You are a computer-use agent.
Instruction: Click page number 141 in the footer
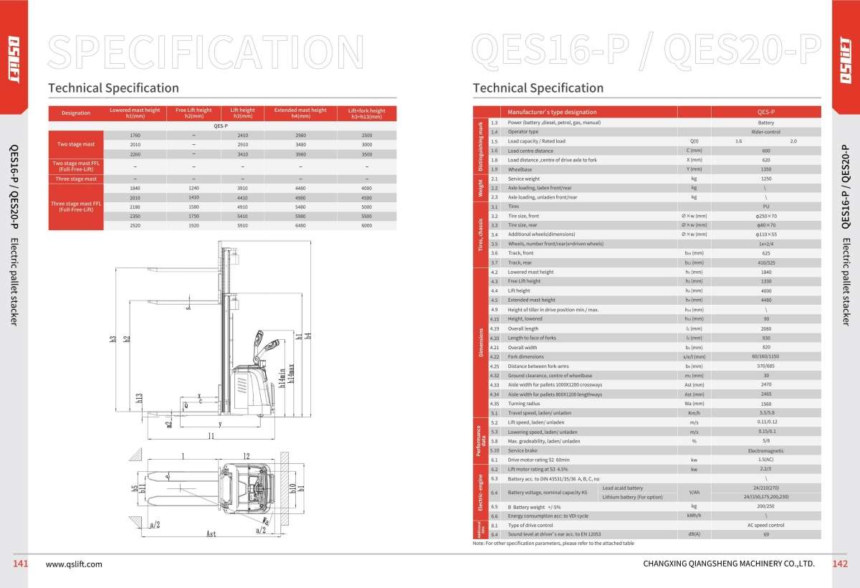(x=20, y=564)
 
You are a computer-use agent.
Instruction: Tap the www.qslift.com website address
(x=74, y=564)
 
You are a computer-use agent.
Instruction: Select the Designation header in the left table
(x=76, y=113)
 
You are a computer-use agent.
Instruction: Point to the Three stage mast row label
(x=76, y=179)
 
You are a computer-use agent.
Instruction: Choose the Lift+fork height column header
(x=366, y=113)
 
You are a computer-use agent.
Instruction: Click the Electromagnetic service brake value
(x=766, y=450)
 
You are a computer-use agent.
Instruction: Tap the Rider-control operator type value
(x=766, y=132)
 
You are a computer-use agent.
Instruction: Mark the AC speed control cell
(x=766, y=525)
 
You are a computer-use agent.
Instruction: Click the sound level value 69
(x=766, y=534)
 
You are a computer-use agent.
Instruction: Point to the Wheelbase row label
(x=520, y=169)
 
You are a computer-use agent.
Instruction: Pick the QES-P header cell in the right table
(x=766, y=113)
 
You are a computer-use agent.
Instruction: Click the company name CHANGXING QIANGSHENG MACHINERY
(x=730, y=564)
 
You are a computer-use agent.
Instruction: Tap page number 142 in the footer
(x=839, y=564)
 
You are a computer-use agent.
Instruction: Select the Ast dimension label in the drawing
(x=211, y=534)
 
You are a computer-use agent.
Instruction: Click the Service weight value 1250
(x=766, y=179)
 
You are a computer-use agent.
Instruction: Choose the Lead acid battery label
(x=623, y=488)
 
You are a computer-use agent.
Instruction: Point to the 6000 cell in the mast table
(x=366, y=225)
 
